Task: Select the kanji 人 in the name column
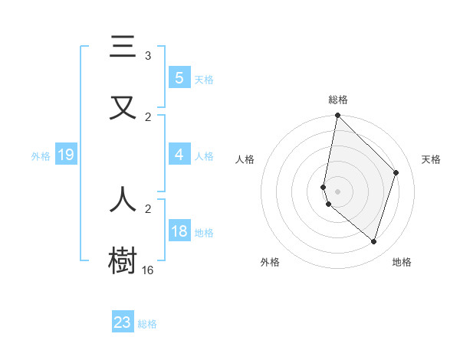[123, 198]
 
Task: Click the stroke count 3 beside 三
[148, 56]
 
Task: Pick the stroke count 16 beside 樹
[147, 270]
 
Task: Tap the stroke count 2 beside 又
[148, 117]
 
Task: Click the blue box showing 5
[179, 77]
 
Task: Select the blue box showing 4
[179, 155]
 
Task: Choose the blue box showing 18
[179, 231]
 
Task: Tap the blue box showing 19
[65, 155]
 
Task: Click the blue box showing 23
[123, 322]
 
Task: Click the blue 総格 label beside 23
[147, 324]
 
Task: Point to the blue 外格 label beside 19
[41, 156]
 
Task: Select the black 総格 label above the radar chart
[337, 100]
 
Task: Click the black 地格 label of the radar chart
[402, 262]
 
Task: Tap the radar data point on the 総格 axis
[337, 115]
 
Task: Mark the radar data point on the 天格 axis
[396, 172]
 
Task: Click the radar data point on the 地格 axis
[373, 241]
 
